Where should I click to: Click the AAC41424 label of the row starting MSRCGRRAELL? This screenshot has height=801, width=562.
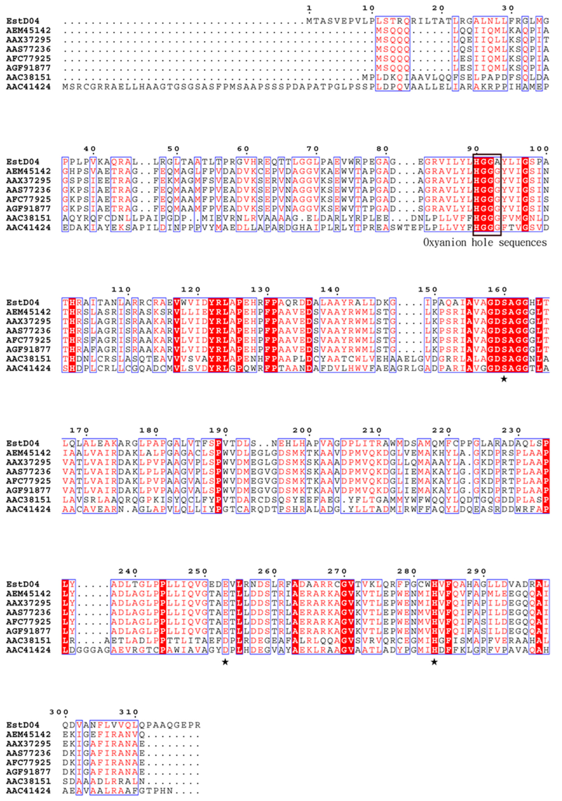tap(28, 86)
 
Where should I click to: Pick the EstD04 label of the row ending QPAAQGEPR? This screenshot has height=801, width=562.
tap(23, 725)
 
